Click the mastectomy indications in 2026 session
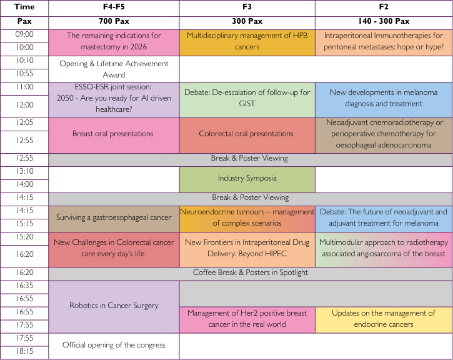click(x=114, y=42)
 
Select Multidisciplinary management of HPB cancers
click(x=247, y=42)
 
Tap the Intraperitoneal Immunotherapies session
click(x=384, y=42)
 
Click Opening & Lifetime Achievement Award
click(x=114, y=69)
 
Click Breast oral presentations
click(x=114, y=134)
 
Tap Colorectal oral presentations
click(x=247, y=134)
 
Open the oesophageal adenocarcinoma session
click(x=384, y=134)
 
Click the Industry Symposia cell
click(x=247, y=179)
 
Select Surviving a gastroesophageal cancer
click(x=114, y=217)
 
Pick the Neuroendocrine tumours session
click(x=247, y=217)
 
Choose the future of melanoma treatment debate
click(x=384, y=217)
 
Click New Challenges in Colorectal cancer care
click(x=114, y=248)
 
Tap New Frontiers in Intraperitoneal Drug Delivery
click(x=247, y=248)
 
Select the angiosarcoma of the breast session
click(x=384, y=248)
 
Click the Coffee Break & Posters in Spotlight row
click(x=250, y=273)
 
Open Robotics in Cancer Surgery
click(x=114, y=306)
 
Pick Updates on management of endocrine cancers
click(x=384, y=319)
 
